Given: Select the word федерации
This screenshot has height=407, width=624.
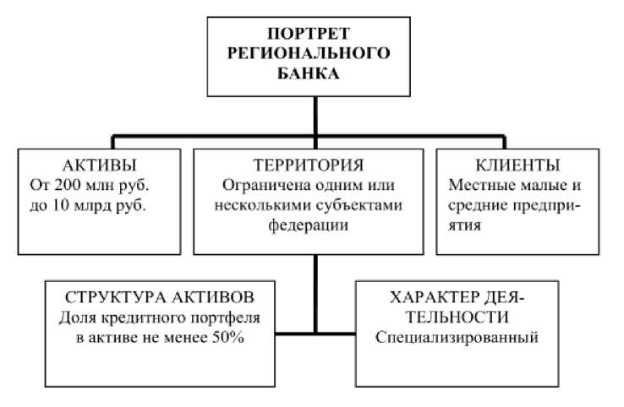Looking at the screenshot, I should [x=315, y=225].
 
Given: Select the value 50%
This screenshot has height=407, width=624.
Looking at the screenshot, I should [x=246, y=338].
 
